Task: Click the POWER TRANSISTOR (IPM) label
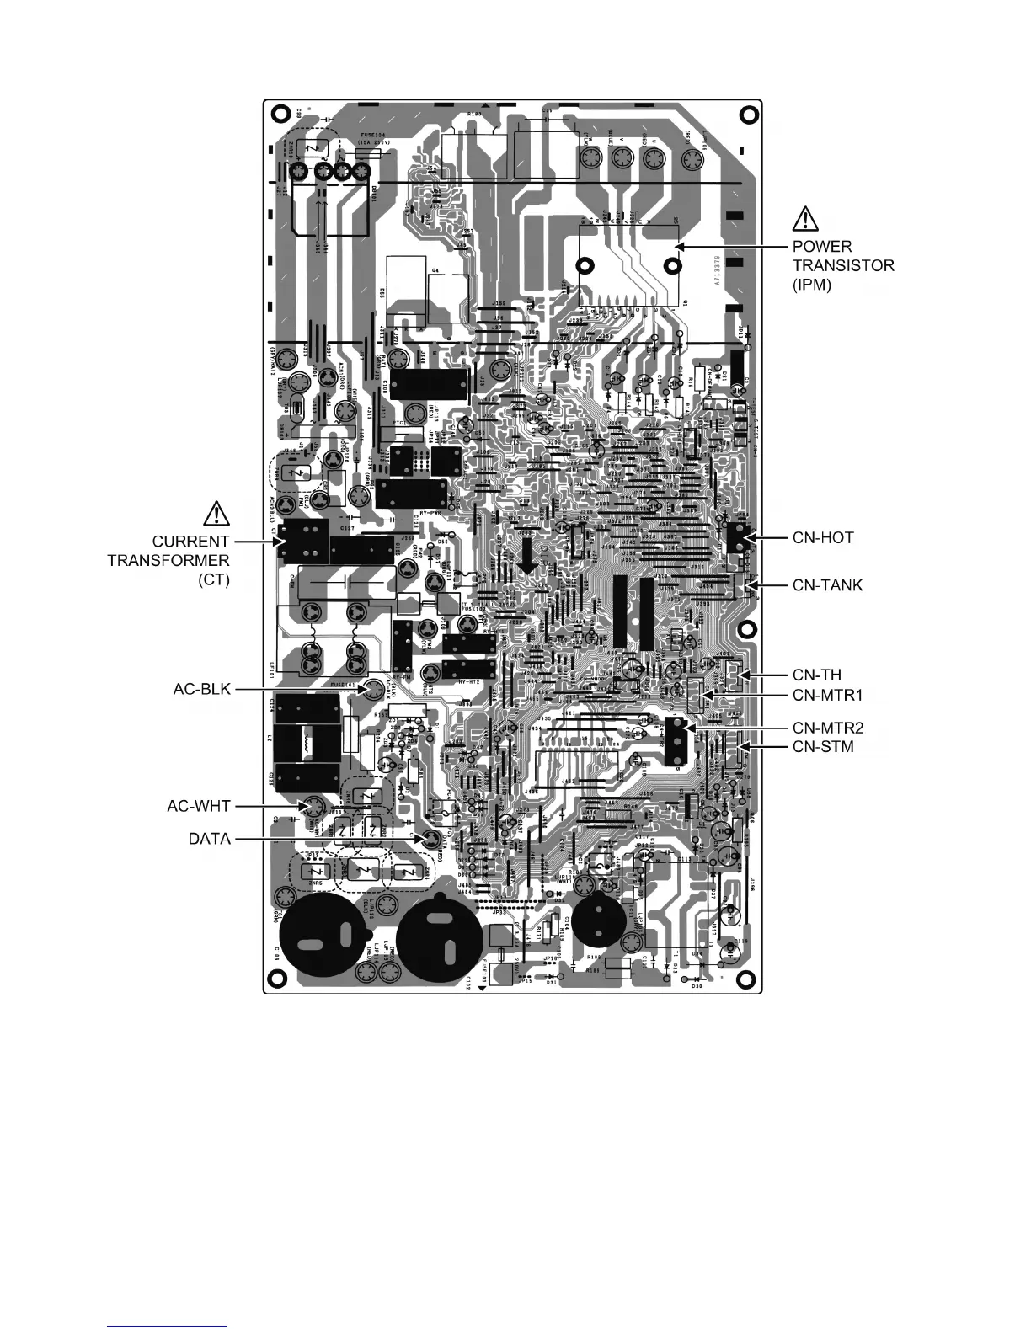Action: click(x=843, y=265)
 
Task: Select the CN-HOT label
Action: click(x=823, y=537)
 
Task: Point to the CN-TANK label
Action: click(x=827, y=584)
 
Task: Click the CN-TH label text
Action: click(x=816, y=675)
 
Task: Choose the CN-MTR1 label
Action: click(x=828, y=695)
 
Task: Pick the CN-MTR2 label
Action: click(x=828, y=728)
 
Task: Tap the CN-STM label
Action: click(x=823, y=746)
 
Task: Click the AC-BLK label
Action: click(x=199, y=689)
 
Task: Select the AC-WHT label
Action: click(x=198, y=806)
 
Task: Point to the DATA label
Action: click(x=209, y=839)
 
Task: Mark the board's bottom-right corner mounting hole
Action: click(x=745, y=979)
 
